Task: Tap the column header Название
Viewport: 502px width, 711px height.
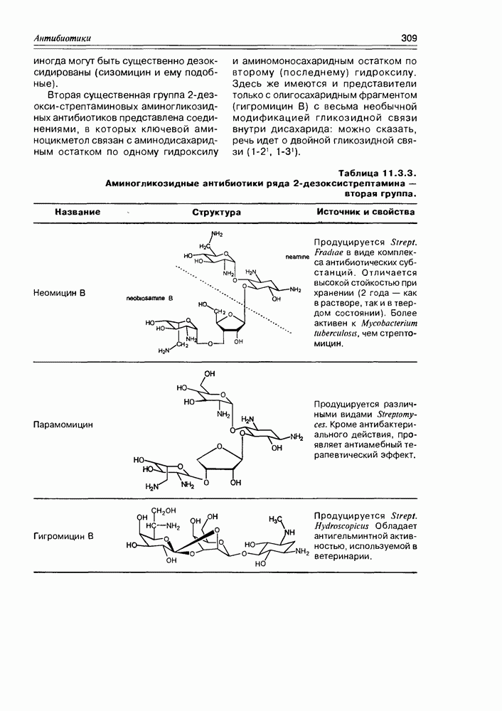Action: click(78, 212)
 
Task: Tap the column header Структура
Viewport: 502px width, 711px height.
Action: click(217, 212)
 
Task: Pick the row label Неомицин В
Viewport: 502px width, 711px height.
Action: click(60, 292)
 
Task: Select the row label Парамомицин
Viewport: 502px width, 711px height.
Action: click(63, 425)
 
